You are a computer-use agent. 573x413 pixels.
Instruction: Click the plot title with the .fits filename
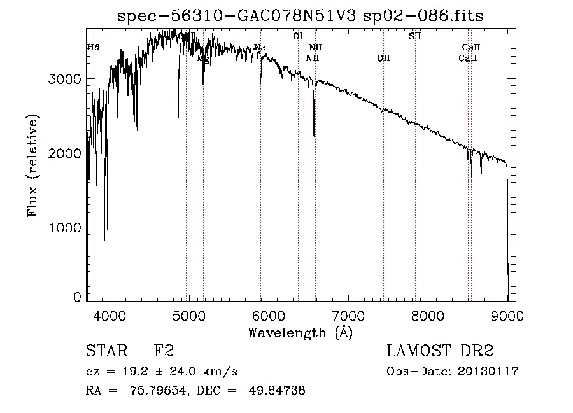pyautogui.click(x=301, y=16)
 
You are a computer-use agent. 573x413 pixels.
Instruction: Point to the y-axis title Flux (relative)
pyautogui.click(x=32, y=165)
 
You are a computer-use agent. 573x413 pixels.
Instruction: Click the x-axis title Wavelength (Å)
pyautogui.click(x=300, y=332)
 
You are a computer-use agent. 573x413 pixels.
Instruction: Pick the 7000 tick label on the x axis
pyautogui.click(x=348, y=314)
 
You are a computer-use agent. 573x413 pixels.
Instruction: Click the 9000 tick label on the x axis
pyautogui.click(x=507, y=314)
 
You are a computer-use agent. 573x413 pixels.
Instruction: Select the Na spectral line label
pyautogui.click(x=260, y=47)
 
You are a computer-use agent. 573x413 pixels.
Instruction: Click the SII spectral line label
pyautogui.click(x=414, y=36)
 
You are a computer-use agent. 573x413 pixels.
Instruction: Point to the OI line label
pyautogui.click(x=298, y=36)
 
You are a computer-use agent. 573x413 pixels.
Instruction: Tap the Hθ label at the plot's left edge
pyautogui.click(x=93, y=47)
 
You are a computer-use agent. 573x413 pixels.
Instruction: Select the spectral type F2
pyautogui.click(x=164, y=351)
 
